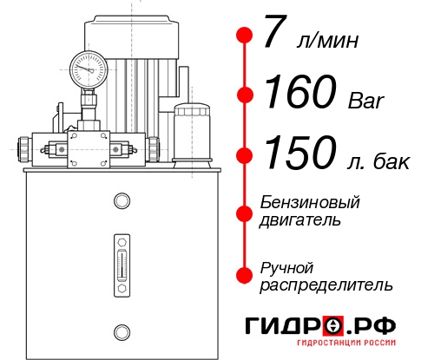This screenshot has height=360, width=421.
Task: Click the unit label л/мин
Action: [x=327, y=41]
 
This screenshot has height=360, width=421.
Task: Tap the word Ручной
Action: [x=286, y=266]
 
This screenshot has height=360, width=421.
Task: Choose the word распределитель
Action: [x=326, y=285]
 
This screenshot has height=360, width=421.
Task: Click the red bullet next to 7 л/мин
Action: [x=245, y=36]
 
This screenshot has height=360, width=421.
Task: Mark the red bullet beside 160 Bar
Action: [x=245, y=95]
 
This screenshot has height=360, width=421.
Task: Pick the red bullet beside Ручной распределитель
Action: [x=245, y=274]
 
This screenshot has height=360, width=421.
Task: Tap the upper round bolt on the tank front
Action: [x=122, y=201]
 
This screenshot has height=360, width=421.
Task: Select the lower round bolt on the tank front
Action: [x=122, y=331]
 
